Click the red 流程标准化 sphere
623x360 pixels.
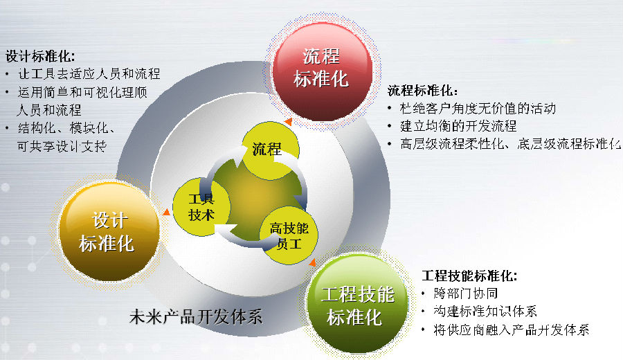tap(322, 71)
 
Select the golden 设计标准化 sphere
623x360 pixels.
tap(109, 232)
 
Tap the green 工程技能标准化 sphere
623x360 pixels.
tap(358, 303)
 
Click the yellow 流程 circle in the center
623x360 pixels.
tap(270, 150)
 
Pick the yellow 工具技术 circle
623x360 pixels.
tap(201, 206)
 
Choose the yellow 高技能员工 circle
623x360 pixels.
tap(289, 235)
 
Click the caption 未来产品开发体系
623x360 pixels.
tap(195, 317)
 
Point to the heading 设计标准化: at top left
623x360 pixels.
tap(40, 57)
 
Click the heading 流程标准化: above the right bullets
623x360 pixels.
tap(422, 91)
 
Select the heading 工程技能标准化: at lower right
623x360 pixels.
tap(469, 276)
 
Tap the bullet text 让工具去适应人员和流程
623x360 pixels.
tap(89, 74)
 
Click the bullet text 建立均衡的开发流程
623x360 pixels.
tap(458, 127)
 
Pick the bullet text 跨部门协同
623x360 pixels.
tap(466, 294)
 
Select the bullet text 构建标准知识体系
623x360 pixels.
tap(485, 311)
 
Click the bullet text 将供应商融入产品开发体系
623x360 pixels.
tap(512, 330)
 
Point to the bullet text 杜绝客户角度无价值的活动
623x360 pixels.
tap(478, 109)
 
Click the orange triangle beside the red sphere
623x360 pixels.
tap(289, 122)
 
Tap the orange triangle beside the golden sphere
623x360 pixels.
tap(166, 212)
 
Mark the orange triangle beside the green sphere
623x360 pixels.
tap(313, 262)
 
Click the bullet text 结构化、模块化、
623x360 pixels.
tap(66, 128)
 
